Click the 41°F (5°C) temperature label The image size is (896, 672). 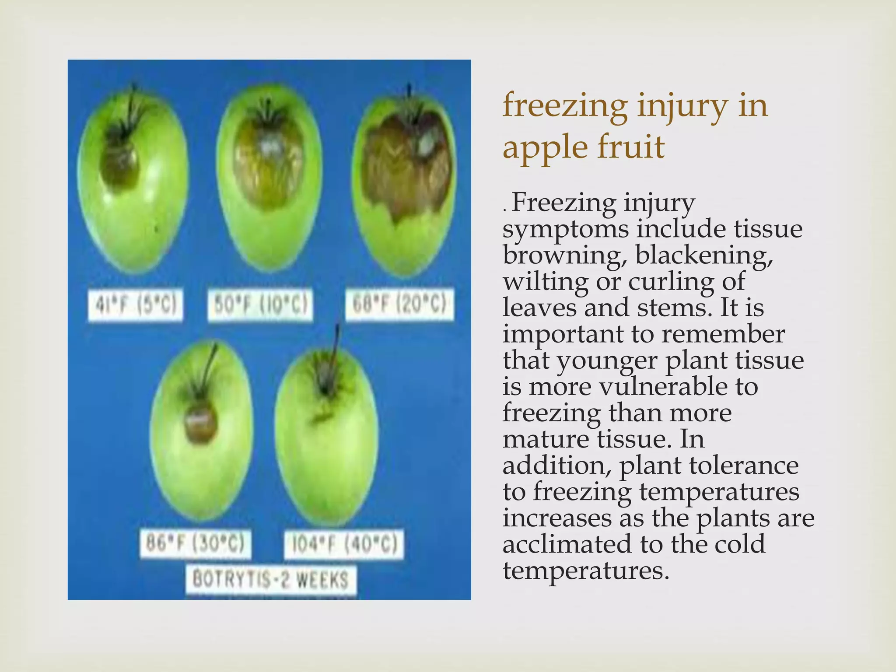point(136,305)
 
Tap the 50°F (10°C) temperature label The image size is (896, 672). point(260,305)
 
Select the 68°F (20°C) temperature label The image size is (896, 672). point(399,304)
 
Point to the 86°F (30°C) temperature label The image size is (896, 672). point(195,544)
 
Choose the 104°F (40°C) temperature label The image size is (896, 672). point(344,545)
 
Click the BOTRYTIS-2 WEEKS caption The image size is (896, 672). point(270,580)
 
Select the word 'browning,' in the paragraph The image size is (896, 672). point(563,255)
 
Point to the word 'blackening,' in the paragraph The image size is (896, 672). point(704,255)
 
